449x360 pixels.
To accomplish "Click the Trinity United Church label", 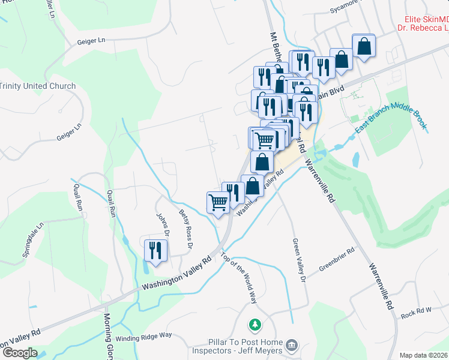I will coord(38,86).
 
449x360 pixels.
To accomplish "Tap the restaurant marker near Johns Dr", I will coord(156,251).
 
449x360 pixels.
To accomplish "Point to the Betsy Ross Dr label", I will coord(185,229).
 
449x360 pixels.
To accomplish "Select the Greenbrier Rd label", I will coord(337,259).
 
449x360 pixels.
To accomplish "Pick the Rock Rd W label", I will coord(416,311).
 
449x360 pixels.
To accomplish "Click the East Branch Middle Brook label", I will coord(390,117).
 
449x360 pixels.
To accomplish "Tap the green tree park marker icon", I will coord(256,325).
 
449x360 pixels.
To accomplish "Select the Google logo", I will coord(19,353).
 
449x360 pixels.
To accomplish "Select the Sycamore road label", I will coord(348,10).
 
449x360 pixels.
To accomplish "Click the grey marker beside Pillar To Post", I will coord(292,345).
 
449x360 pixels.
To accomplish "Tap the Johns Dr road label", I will coord(163,224).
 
